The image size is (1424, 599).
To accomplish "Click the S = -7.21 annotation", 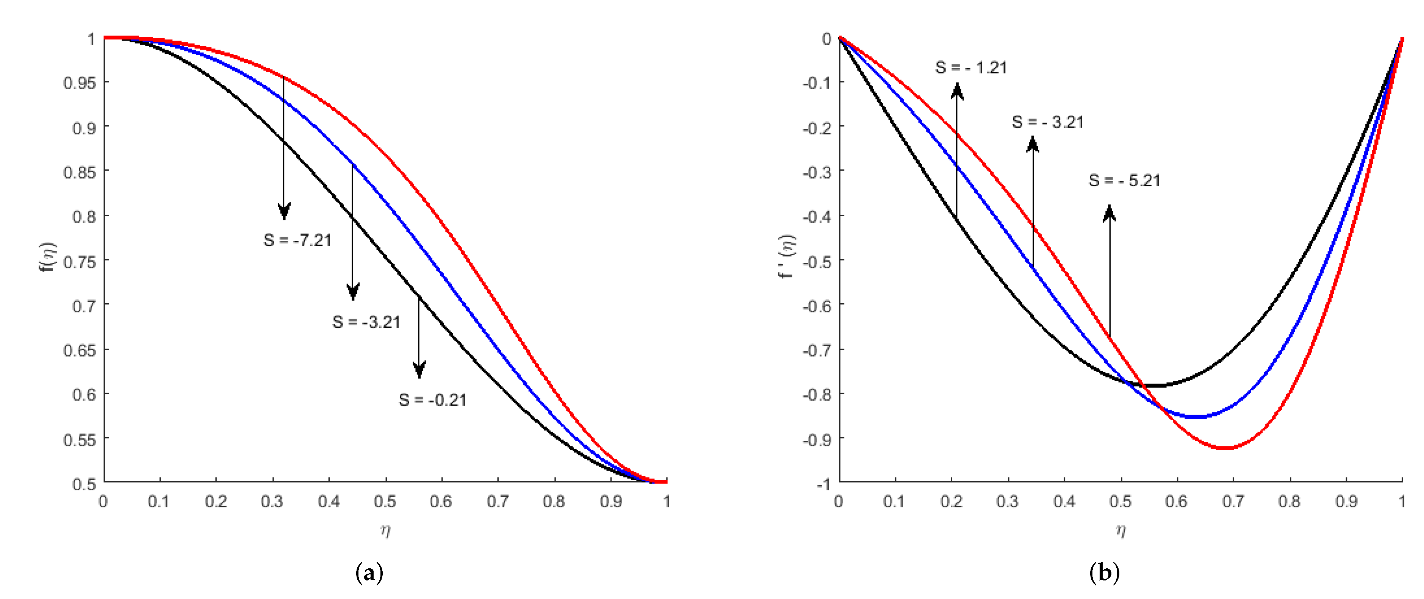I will (x=297, y=240).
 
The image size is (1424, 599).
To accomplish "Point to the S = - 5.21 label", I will (x=1124, y=180).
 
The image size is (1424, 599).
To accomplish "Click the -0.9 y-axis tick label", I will (x=817, y=439).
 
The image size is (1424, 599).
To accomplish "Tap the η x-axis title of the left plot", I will (x=385, y=530).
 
